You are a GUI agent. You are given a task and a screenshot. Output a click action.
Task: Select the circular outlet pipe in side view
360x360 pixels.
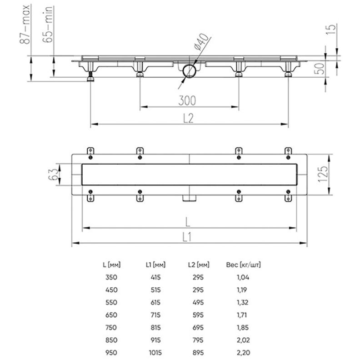(x=189, y=71)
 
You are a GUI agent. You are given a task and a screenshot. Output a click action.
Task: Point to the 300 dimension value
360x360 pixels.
(x=188, y=100)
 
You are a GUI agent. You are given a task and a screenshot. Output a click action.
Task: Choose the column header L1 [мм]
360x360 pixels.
(x=155, y=264)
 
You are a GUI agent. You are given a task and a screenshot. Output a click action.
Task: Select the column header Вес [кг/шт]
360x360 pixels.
(x=243, y=264)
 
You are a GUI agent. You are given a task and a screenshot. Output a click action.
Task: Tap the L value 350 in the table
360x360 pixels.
(x=110, y=277)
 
